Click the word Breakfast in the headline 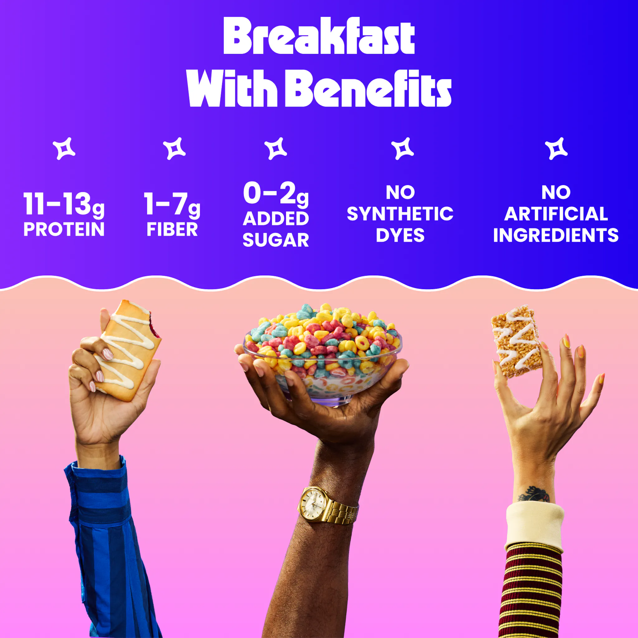pyautogui.click(x=319, y=36)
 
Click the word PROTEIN pyautogui.click(x=64, y=229)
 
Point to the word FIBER pyautogui.click(x=172, y=229)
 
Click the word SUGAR pyautogui.click(x=276, y=240)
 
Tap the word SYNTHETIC pyautogui.click(x=400, y=214)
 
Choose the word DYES pyautogui.click(x=400, y=235)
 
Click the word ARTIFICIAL pyautogui.click(x=556, y=214)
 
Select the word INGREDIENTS pyautogui.click(x=556, y=235)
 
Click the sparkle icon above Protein pyautogui.click(x=64, y=149)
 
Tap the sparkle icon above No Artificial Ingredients pyautogui.click(x=556, y=149)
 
